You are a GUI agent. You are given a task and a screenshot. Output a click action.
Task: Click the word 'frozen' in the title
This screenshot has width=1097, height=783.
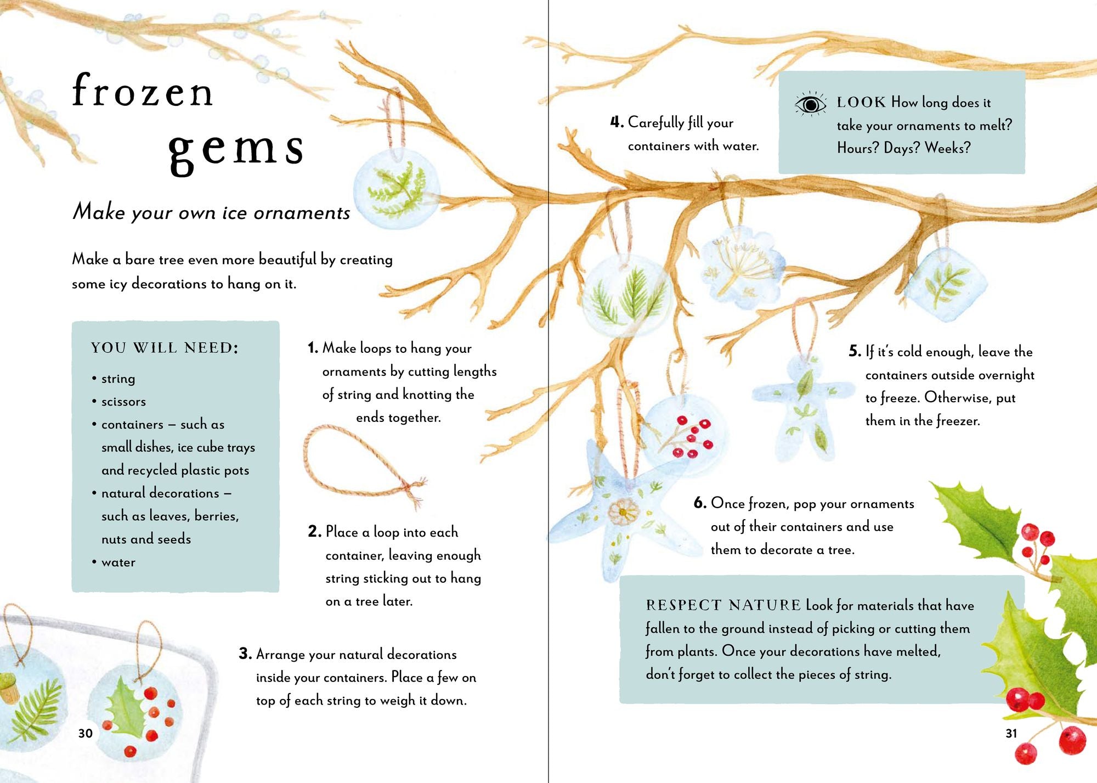click(143, 91)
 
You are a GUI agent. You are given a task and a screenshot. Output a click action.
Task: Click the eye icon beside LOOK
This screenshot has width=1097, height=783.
click(810, 104)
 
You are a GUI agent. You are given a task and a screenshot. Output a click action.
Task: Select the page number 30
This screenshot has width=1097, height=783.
click(86, 733)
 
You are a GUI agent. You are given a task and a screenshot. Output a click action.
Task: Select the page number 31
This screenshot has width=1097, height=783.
click(1011, 733)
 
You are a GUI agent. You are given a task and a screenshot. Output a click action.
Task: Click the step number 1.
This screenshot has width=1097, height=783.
click(313, 348)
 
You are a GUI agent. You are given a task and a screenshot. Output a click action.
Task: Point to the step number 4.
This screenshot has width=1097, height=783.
click(617, 122)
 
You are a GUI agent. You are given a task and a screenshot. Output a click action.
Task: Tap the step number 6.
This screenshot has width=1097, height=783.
click(699, 503)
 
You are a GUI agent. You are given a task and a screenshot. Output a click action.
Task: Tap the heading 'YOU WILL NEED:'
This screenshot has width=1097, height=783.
click(165, 348)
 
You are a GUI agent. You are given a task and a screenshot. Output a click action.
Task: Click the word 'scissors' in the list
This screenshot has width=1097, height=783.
click(123, 402)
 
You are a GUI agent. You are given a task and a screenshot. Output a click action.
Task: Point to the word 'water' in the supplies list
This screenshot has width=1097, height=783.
click(118, 562)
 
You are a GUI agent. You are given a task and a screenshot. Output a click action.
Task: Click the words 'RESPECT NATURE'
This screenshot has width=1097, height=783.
click(723, 605)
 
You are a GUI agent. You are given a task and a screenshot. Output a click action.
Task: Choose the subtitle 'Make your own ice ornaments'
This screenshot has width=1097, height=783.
click(211, 212)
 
